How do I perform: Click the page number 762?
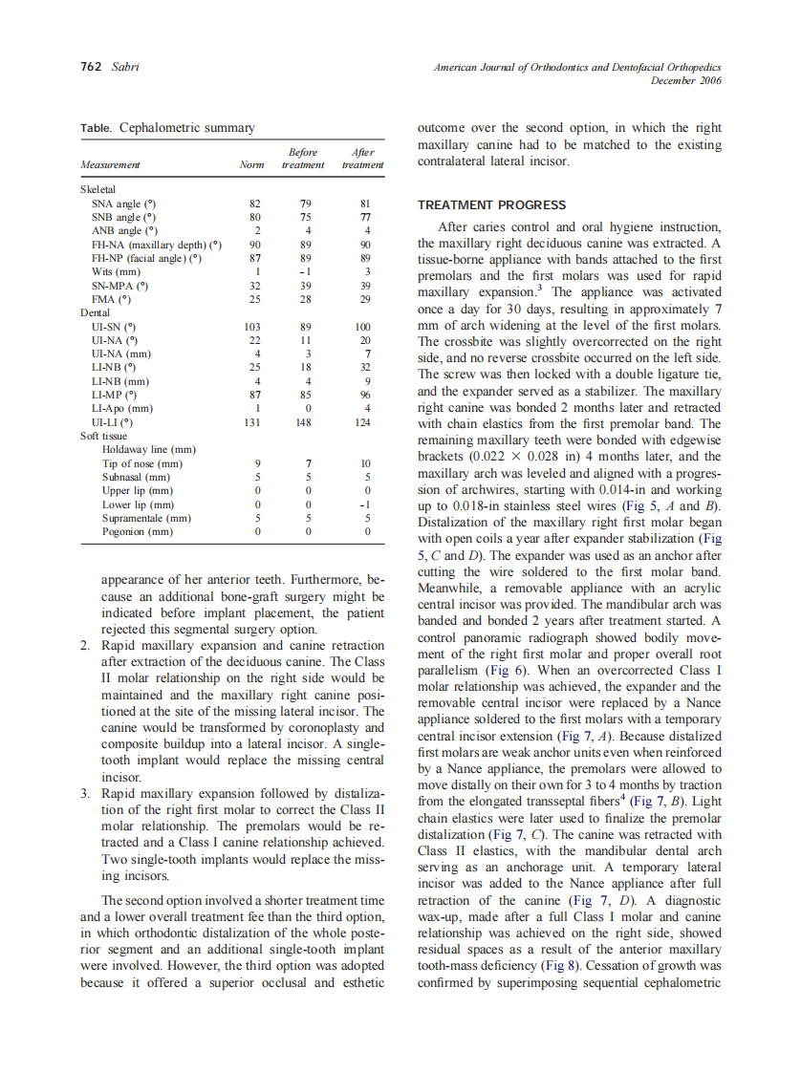[92, 68]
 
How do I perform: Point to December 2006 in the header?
[685, 80]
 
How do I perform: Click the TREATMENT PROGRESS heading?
[492, 205]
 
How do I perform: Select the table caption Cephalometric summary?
[186, 127]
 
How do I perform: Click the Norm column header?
[251, 165]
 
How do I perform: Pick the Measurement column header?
[110, 165]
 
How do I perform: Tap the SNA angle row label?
[123, 204]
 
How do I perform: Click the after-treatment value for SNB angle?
[363, 217]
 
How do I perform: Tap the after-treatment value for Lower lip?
[363, 504]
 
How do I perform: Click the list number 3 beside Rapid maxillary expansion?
[84, 793]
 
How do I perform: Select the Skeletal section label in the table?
[97, 190]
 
